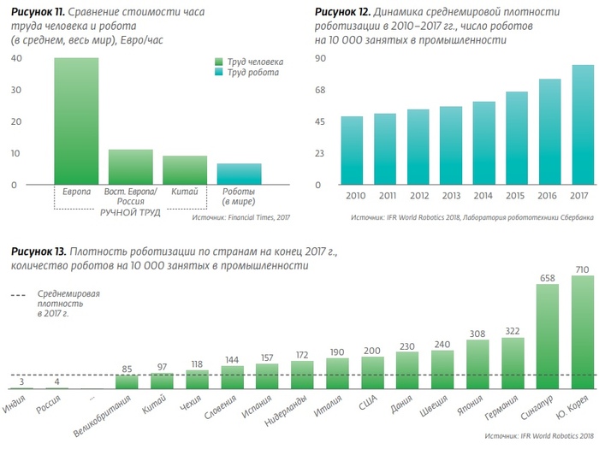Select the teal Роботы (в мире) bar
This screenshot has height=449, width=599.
pyautogui.click(x=239, y=174)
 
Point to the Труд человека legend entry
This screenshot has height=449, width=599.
pyautogui.click(x=253, y=62)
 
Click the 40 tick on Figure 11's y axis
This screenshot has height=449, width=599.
pyautogui.click(x=15, y=58)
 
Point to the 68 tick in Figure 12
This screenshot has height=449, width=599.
pyautogui.click(x=321, y=90)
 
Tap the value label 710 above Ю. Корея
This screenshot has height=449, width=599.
pyautogui.click(x=583, y=269)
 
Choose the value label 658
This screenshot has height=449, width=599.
pyautogui.click(x=548, y=278)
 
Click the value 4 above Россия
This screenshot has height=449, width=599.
pyautogui.click(x=56, y=381)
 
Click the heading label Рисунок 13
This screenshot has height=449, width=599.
pyautogui.click(x=39, y=251)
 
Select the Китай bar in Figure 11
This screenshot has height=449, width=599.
pyautogui.click(x=184, y=170)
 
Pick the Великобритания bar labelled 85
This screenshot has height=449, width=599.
pyautogui.click(x=127, y=381)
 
